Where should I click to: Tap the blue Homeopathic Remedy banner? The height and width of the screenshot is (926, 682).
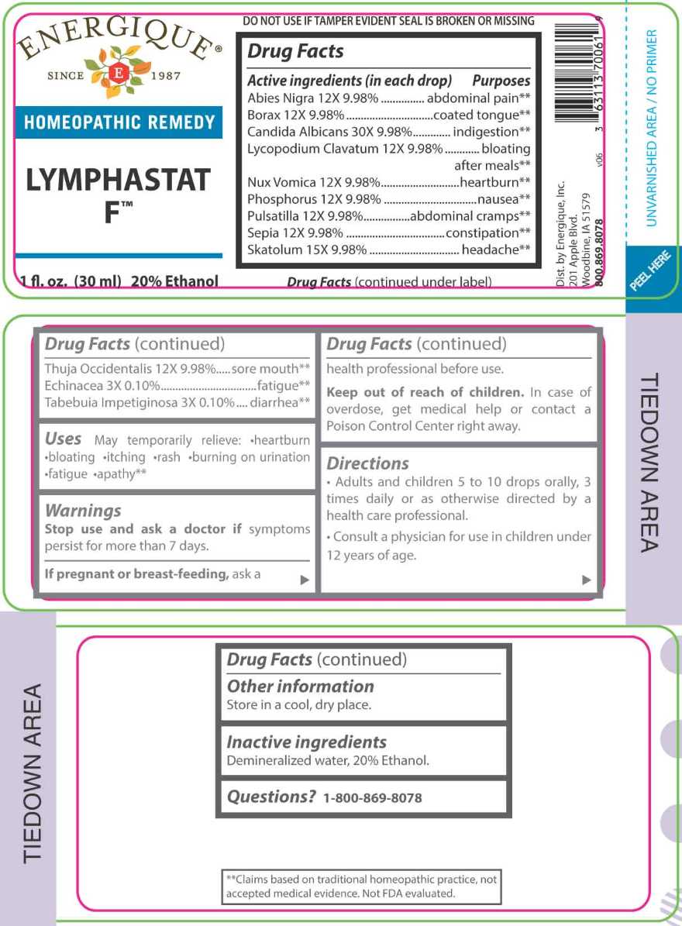119,122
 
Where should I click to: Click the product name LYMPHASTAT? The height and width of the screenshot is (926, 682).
119,181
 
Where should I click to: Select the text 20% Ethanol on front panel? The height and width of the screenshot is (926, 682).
175,281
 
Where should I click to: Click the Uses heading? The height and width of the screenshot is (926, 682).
63,439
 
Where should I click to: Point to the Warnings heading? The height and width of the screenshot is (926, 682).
83,511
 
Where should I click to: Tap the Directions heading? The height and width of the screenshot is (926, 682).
367,463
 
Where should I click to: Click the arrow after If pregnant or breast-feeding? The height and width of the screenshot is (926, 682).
305,579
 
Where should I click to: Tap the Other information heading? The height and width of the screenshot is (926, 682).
300,687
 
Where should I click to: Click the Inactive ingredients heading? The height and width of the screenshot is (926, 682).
306,742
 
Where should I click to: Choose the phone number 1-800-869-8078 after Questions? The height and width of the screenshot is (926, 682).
372,798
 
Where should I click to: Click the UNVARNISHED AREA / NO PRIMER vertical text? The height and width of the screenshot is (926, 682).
652,128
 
